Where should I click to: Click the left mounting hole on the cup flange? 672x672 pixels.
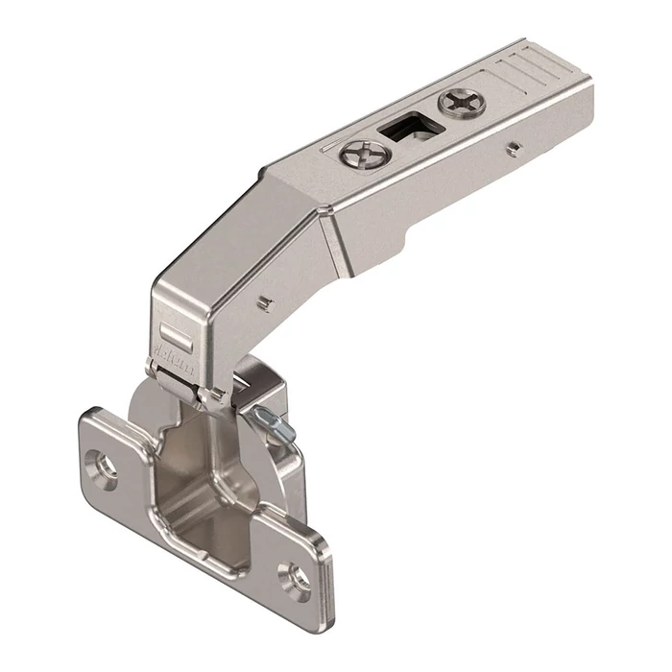pyautogui.click(x=103, y=463)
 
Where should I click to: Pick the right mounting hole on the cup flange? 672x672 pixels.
pyautogui.click(x=295, y=579)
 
